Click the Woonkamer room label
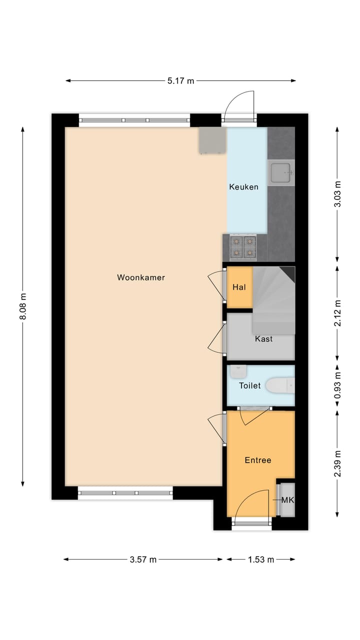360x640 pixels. (141, 277)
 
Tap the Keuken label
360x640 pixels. (243, 187)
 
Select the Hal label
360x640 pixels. (238, 287)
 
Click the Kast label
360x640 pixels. (263, 339)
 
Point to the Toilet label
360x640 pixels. (249, 385)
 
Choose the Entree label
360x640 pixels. (257, 460)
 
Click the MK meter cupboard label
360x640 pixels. (287, 500)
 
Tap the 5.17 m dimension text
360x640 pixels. (180, 81)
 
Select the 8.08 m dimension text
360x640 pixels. (23, 306)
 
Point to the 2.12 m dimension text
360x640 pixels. (337, 313)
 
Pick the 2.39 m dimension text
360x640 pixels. (337, 463)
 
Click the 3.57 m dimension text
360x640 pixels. (143, 560)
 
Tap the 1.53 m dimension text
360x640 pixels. (260, 560)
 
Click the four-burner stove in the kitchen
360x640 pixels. (243, 247)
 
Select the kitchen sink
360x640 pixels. (280, 173)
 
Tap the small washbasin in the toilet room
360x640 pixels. (238, 371)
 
